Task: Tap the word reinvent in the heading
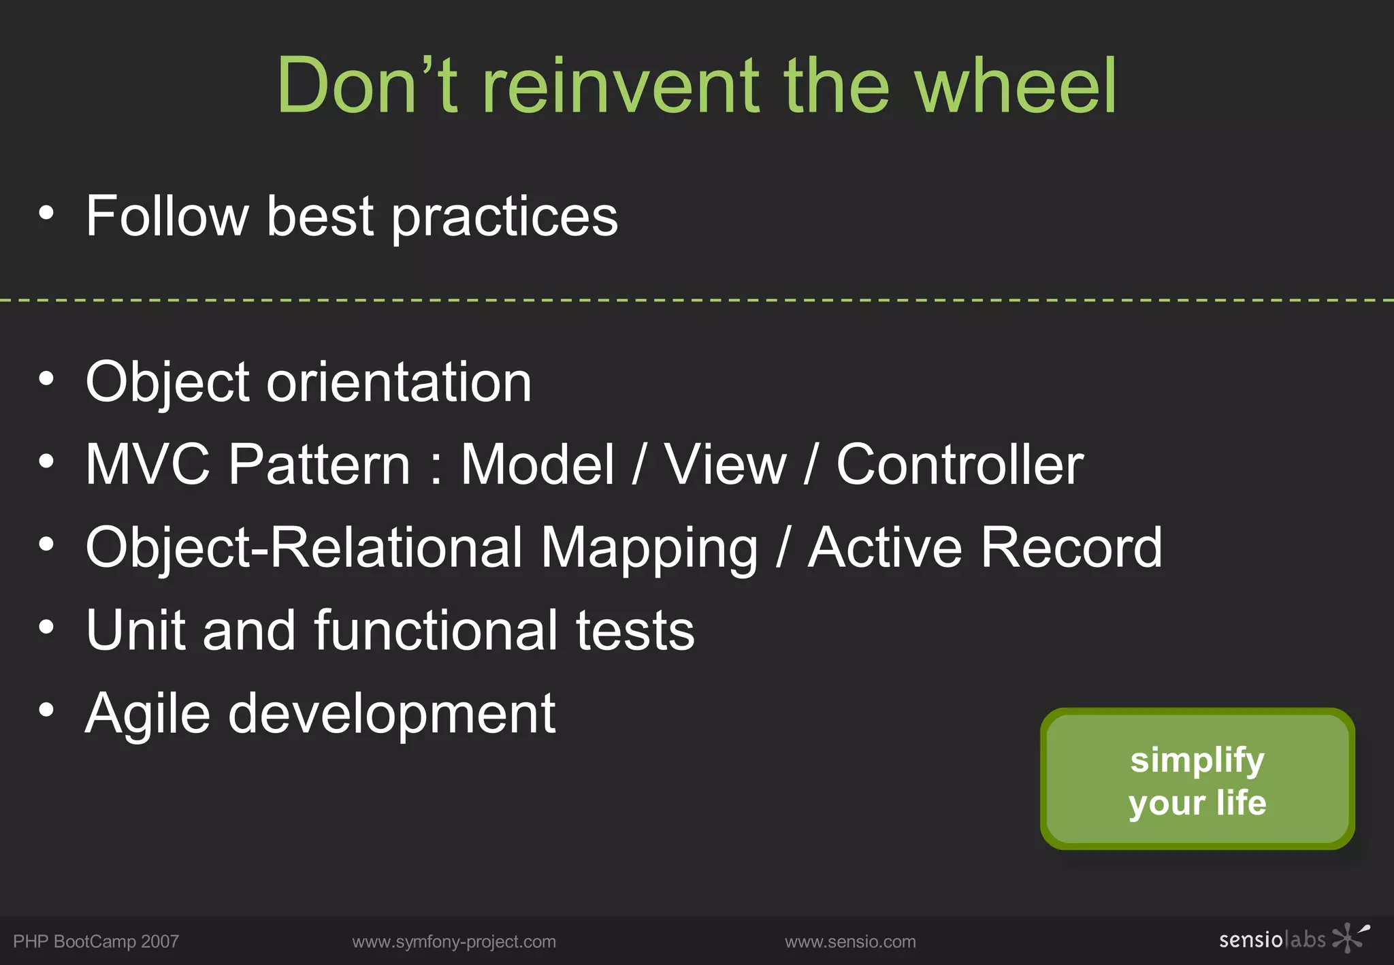620,86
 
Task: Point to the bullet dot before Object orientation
46,378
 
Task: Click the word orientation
399,382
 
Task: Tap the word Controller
960,464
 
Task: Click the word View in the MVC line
726,464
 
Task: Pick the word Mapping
649,549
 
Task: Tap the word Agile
148,715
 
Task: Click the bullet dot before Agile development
46,710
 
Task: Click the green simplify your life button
1197,779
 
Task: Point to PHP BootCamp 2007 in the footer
96,942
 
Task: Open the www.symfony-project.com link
454,942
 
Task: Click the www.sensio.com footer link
850,942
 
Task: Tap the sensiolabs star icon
1349,938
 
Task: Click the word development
391,715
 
